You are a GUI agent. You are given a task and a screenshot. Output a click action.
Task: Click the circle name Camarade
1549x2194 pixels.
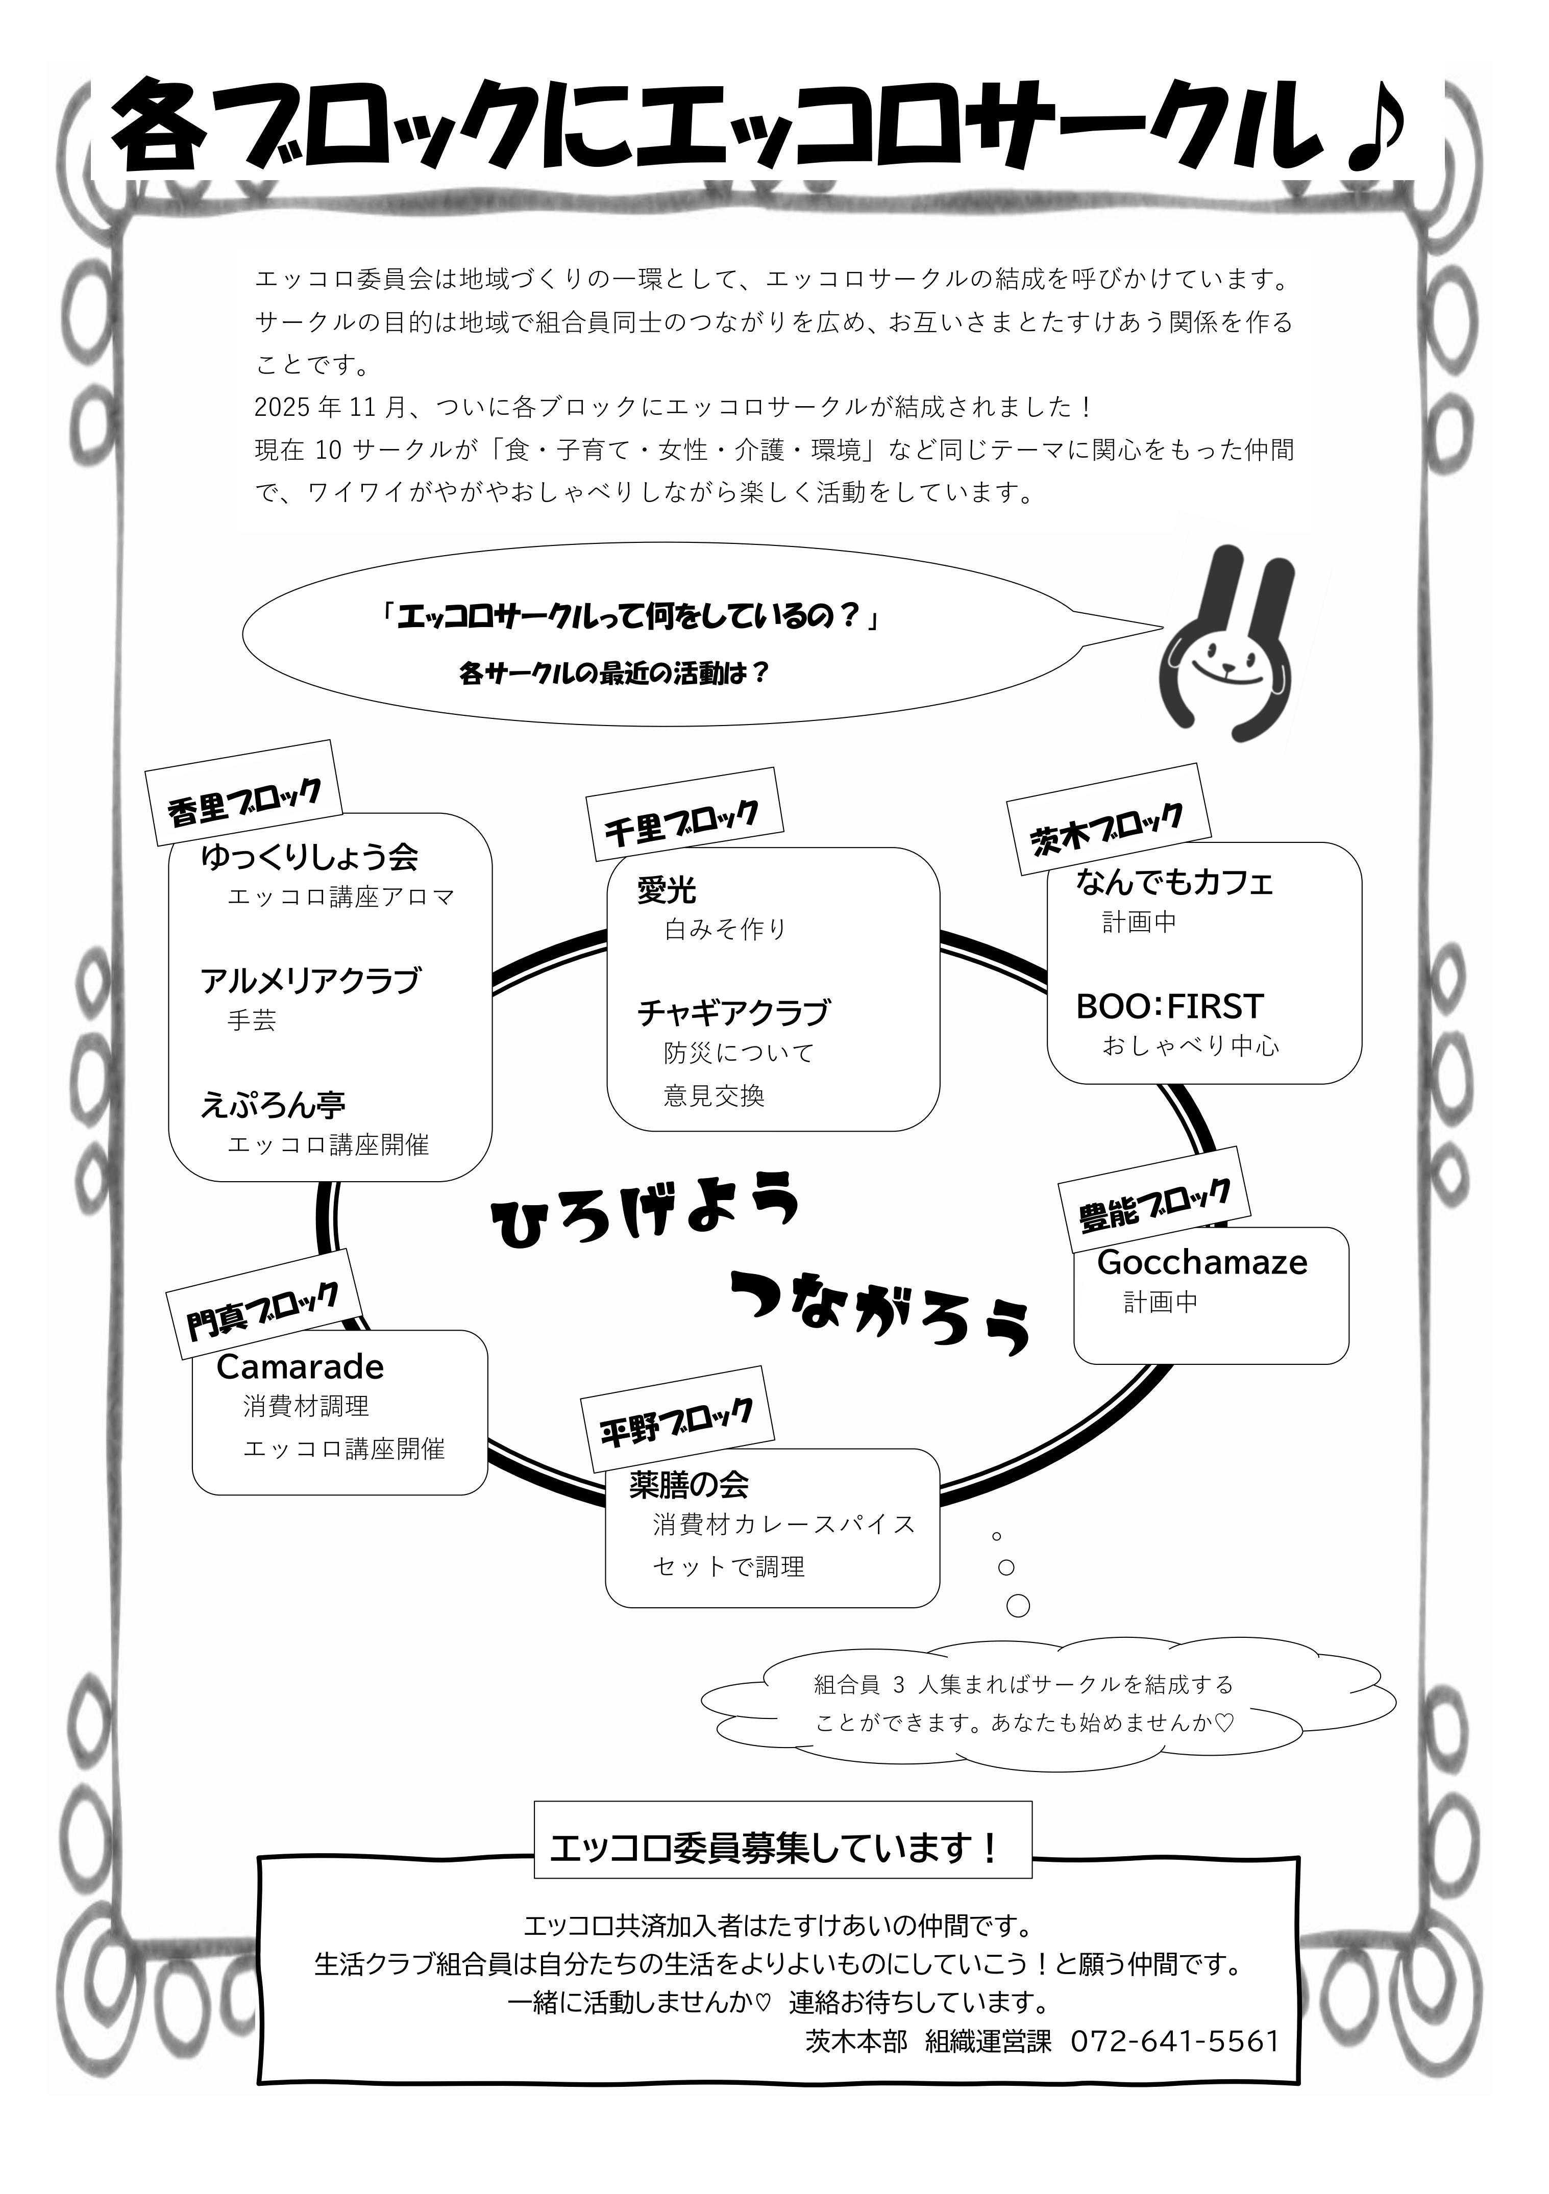pos(300,1366)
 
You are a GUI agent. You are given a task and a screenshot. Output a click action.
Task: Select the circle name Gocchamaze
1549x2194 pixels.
pos(1201,1262)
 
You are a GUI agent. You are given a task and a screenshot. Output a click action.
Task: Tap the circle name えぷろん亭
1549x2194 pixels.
pos(273,1105)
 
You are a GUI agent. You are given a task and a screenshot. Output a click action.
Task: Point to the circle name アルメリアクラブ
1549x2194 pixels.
pos(310,981)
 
